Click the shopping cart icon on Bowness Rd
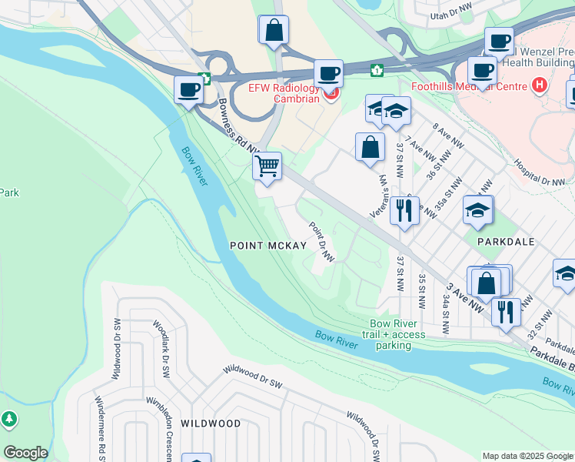pyautogui.click(x=267, y=166)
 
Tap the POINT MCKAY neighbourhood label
pyautogui.click(x=268, y=246)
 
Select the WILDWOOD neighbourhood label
pyautogui.click(x=211, y=423)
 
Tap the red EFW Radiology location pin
pyautogui.click(x=331, y=94)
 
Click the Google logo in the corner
pyautogui.click(x=25, y=453)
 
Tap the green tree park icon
pyautogui.click(x=8, y=420)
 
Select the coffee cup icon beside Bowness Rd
pyautogui.click(x=188, y=89)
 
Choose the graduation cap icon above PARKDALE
pyautogui.click(x=477, y=209)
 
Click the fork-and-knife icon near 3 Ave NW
pyautogui.click(x=505, y=311)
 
